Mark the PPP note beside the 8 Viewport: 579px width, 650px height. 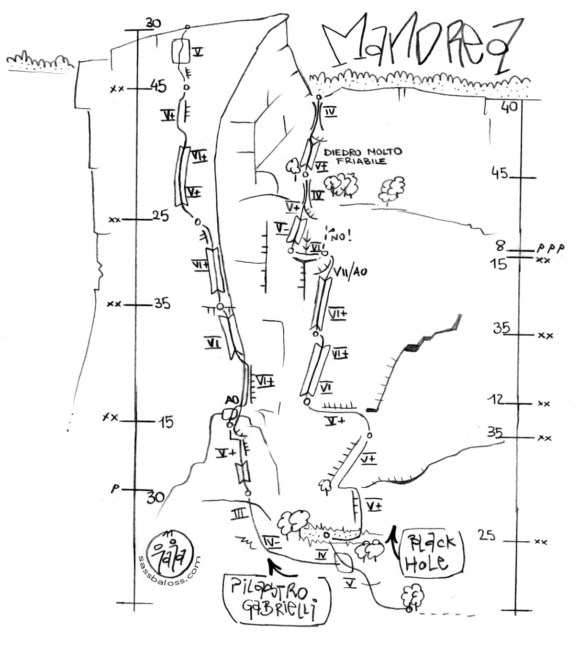(x=550, y=248)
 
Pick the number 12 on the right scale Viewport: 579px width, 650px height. (x=497, y=399)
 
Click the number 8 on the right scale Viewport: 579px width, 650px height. (x=500, y=246)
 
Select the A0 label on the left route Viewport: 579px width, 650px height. (x=232, y=399)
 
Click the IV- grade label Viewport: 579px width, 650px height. (x=271, y=542)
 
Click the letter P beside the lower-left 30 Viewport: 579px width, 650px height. (x=115, y=490)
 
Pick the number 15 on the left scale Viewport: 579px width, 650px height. (x=166, y=422)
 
